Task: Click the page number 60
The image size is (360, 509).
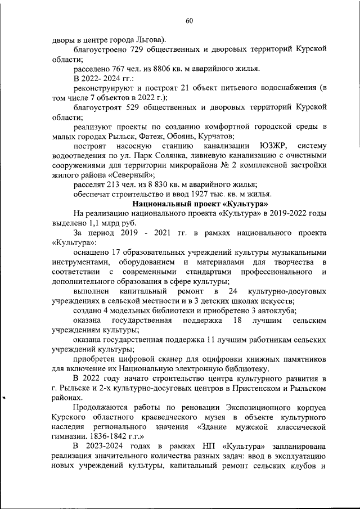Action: pyautogui.click(x=189, y=21)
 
